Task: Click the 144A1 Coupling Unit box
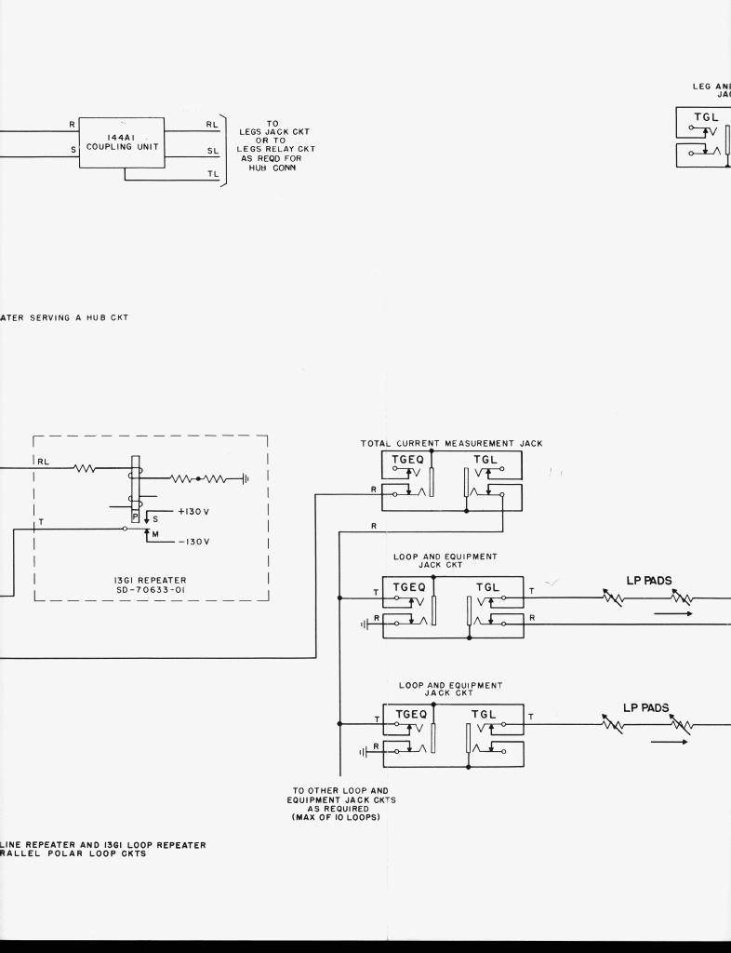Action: click(x=121, y=142)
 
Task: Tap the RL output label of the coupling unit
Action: click(x=212, y=122)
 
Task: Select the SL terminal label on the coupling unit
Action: click(x=212, y=150)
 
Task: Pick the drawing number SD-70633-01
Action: click(x=150, y=589)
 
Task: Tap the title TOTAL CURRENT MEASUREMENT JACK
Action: click(x=451, y=444)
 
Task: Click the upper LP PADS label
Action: click(x=649, y=581)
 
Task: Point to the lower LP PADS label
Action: click(x=645, y=708)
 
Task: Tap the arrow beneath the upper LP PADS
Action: click(x=672, y=614)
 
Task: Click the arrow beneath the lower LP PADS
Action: click(x=669, y=742)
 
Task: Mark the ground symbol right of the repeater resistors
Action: click(x=245, y=478)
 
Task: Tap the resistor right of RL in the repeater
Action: click(x=85, y=468)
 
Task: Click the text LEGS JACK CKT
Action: click(x=273, y=132)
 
